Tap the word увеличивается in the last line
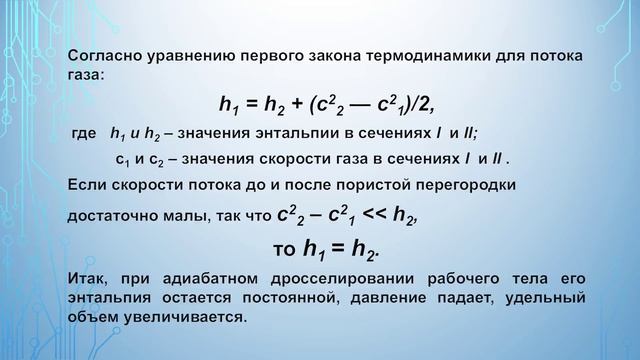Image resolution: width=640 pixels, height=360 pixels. pos(175,315)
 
